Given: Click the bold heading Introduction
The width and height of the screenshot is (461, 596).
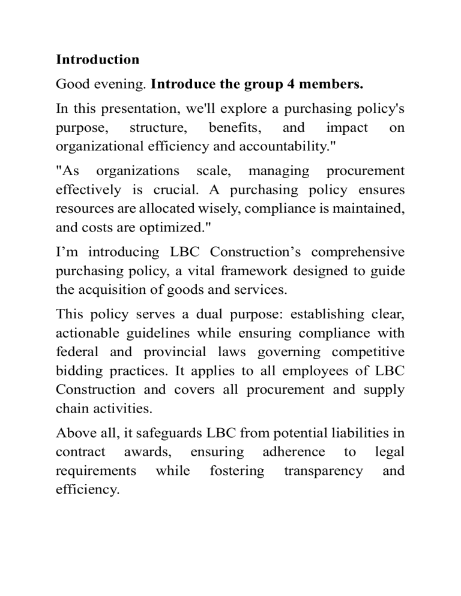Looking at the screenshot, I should (x=97, y=60).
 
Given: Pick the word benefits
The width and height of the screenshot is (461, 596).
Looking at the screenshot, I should (x=234, y=127).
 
